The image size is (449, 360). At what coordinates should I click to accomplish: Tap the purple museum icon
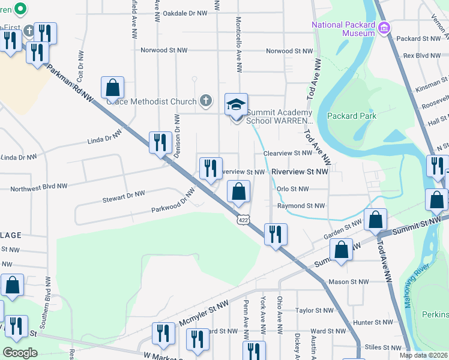(x=385, y=28)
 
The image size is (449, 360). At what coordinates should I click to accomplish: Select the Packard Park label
(x=351, y=116)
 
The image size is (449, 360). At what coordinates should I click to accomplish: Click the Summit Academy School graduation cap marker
(x=236, y=104)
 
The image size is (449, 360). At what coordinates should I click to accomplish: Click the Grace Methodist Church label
(x=152, y=101)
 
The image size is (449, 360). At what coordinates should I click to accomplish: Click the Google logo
(x=20, y=353)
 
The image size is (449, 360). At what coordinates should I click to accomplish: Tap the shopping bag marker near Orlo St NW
(x=239, y=192)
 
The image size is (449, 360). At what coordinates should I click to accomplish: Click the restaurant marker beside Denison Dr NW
(x=160, y=143)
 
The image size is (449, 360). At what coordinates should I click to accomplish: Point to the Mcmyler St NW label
(x=204, y=315)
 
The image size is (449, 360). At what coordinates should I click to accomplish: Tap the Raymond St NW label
(x=297, y=205)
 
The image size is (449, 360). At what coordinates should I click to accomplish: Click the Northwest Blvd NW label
(x=38, y=188)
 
